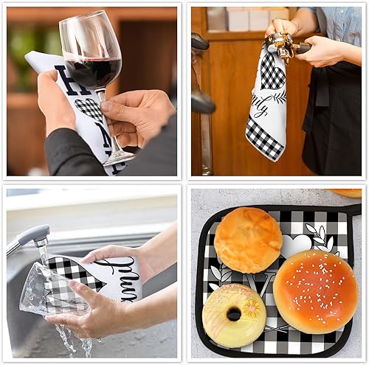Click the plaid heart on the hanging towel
(x=272, y=71)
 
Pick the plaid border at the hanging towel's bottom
(x=264, y=145)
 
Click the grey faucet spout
(x=30, y=237)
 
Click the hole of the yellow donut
(x=234, y=313)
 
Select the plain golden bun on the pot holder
(x=248, y=240)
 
